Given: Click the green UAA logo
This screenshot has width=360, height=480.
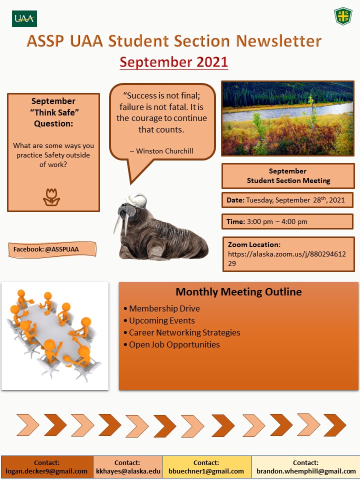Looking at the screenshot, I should click(x=24, y=18).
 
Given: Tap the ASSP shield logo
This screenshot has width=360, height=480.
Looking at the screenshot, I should click(x=343, y=16).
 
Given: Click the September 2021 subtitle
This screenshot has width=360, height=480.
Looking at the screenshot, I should click(x=173, y=62).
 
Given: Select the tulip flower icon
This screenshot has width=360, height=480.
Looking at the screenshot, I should click(x=51, y=197).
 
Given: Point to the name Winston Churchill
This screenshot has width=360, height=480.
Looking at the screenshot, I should click(x=164, y=150).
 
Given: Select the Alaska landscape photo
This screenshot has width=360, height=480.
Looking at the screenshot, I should click(x=287, y=118).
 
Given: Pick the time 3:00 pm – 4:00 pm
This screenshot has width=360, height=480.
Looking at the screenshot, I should click(x=280, y=221).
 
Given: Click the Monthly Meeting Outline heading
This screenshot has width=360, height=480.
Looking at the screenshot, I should click(x=238, y=292).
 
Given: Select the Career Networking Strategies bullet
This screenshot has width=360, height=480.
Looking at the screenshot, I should click(x=184, y=332).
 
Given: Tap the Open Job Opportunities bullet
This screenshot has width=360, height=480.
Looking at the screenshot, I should click(x=174, y=344).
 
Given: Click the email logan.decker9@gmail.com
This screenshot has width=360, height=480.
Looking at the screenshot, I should click(x=46, y=471).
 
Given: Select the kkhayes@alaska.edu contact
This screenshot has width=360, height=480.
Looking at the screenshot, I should click(x=127, y=471).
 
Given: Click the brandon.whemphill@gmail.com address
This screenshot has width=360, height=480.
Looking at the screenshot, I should click(x=306, y=471).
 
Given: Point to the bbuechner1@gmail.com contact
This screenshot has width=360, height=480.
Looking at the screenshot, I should click(x=206, y=471).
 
